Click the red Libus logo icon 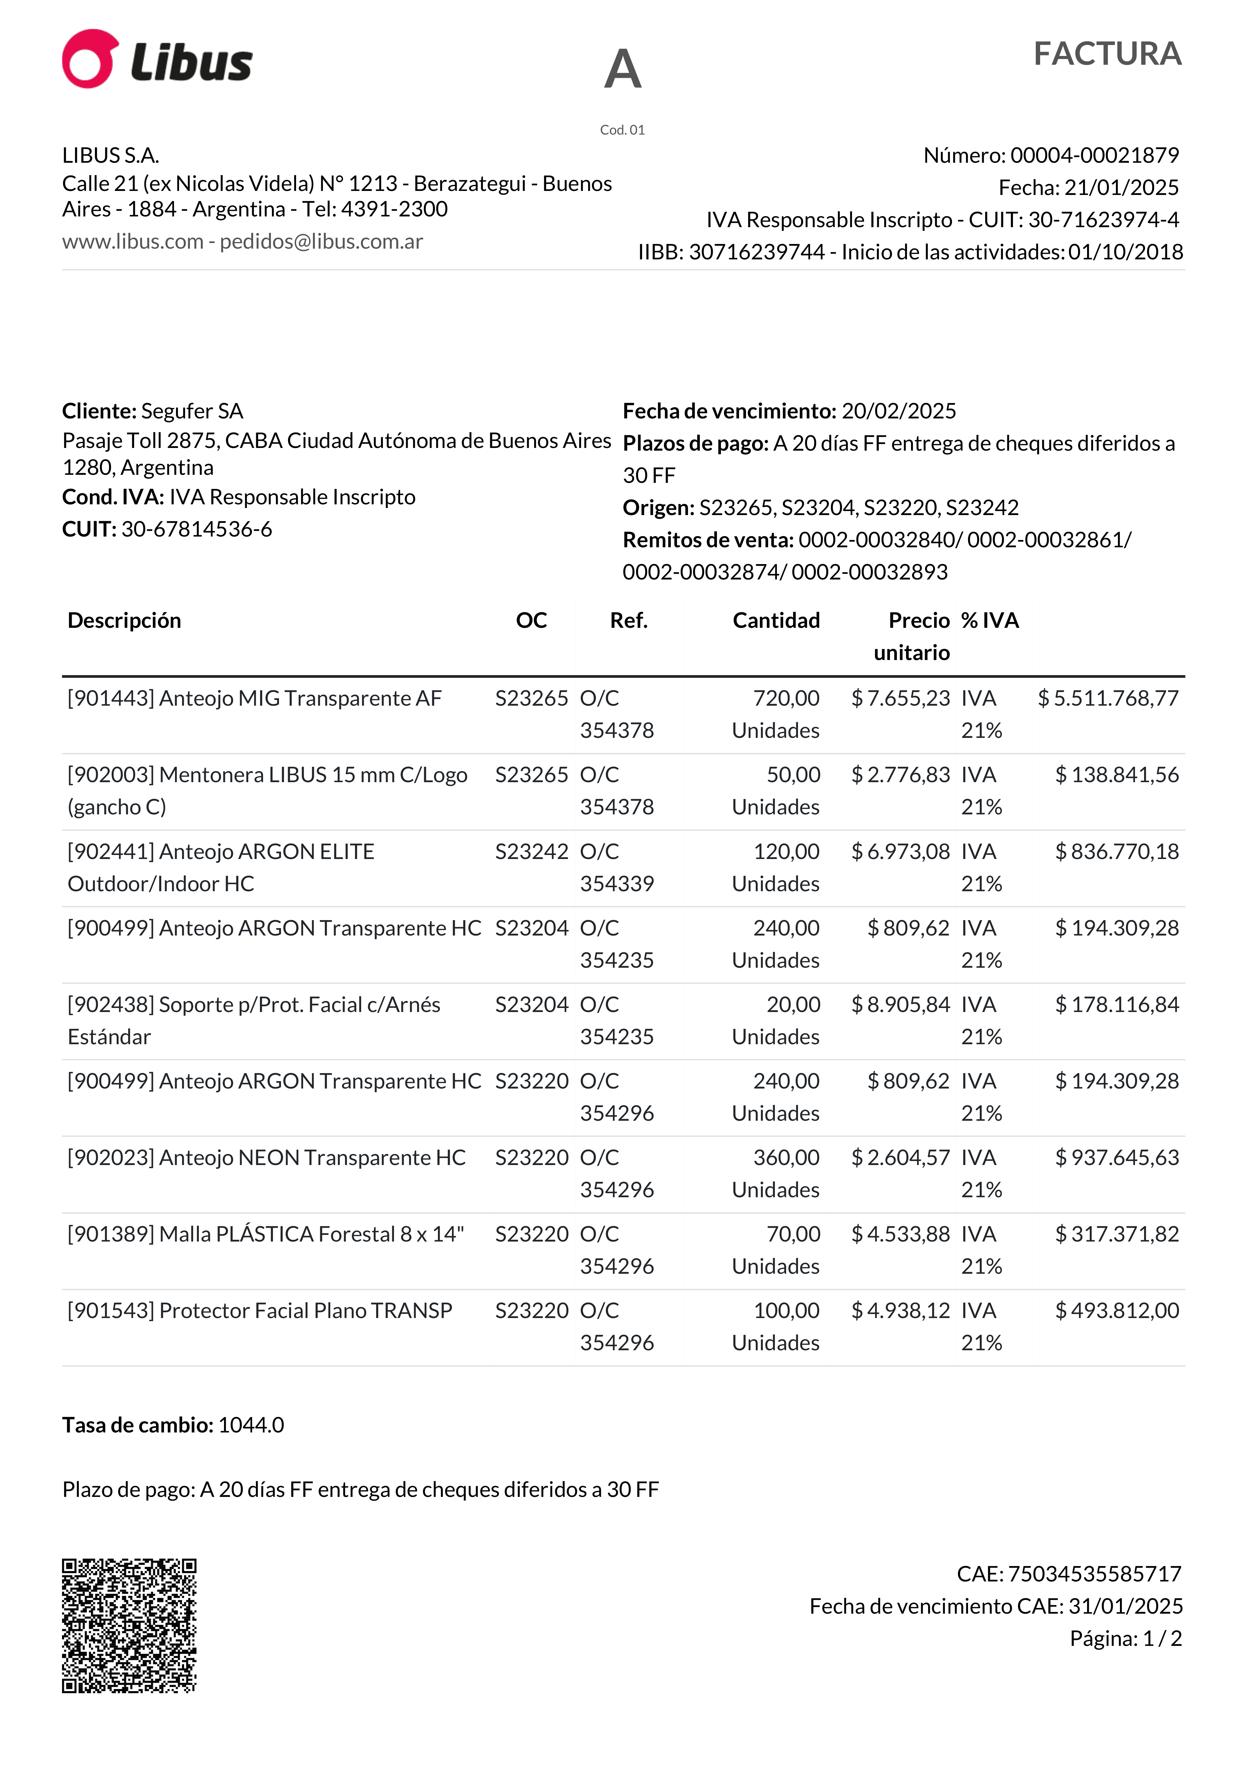(90, 59)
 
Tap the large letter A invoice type (623, 69)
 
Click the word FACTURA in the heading (1107, 54)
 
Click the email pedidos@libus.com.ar (321, 242)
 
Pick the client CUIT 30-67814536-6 (197, 529)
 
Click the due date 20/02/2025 (899, 411)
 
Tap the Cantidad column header (776, 621)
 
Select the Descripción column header (124, 621)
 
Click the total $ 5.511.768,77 (1108, 698)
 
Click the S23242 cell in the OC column (531, 852)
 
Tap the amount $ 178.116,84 (1116, 1005)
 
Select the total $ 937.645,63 (1116, 1158)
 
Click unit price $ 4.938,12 (900, 1311)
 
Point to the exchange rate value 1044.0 (251, 1425)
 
